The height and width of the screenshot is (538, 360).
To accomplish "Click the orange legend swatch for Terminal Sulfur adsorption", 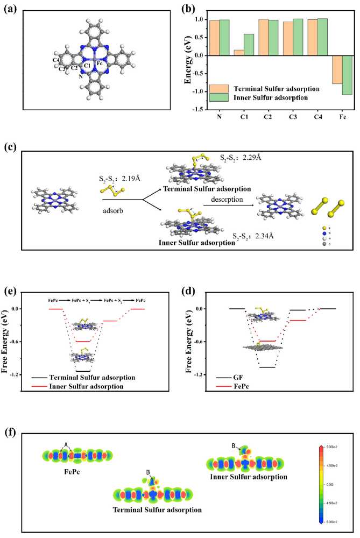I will pyautogui.click(x=220, y=88).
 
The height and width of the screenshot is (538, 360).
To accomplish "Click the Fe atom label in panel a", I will pyautogui.click(x=100, y=63).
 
